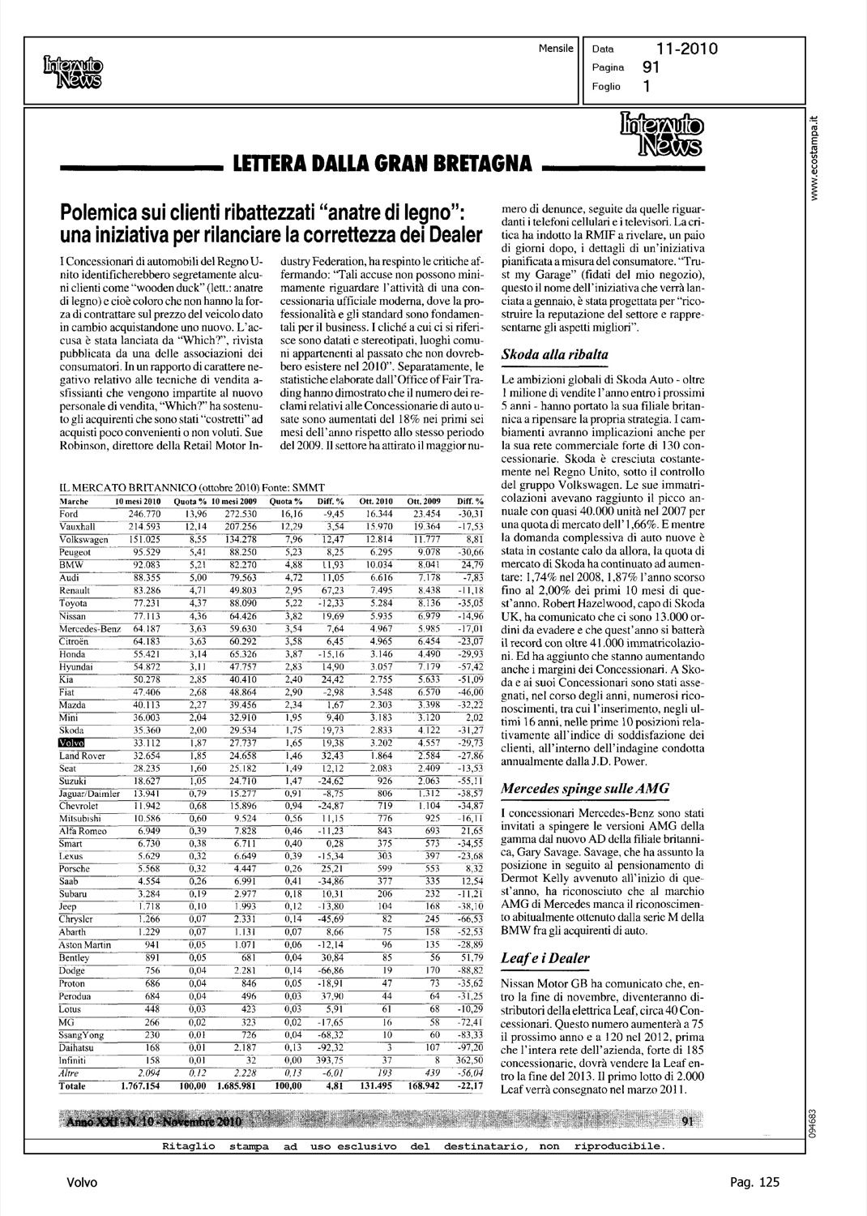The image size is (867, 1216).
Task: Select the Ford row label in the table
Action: point(69,514)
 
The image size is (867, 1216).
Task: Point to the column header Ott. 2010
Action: point(376,501)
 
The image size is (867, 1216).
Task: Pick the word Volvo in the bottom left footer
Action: point(82,1184)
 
